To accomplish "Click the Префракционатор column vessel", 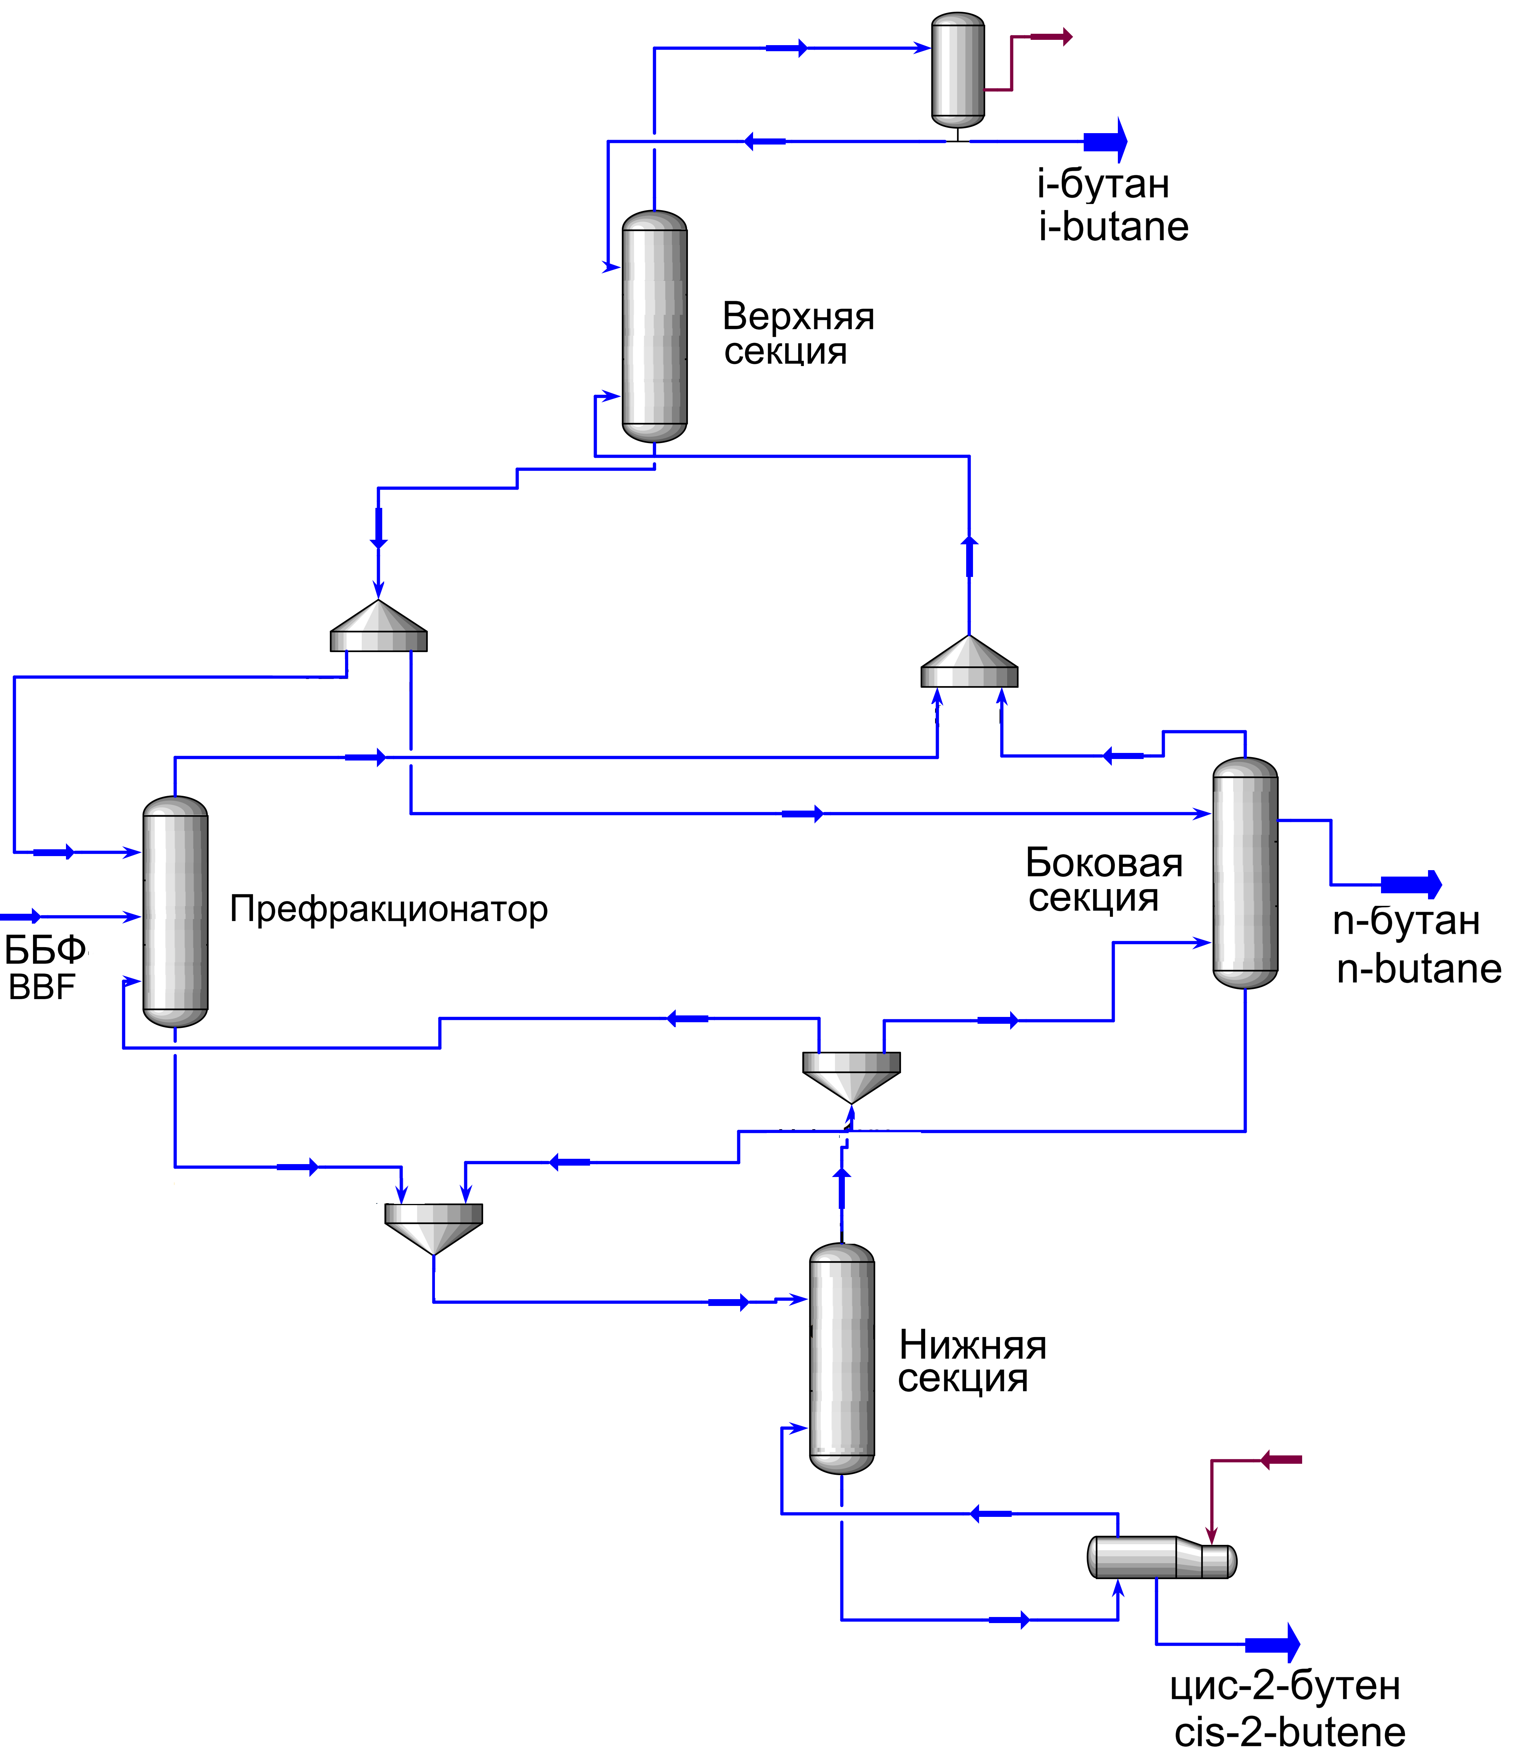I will [175, 911].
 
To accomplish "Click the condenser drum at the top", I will [958, 69].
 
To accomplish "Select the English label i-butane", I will [1113, 227].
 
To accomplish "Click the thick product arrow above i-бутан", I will [1106, 141].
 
